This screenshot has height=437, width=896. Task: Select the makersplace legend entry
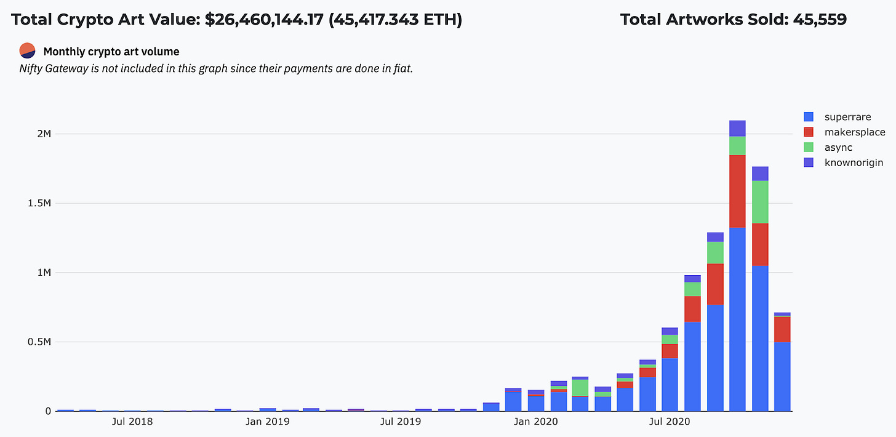tap(844, 132)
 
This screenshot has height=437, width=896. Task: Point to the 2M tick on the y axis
tap(44, 134)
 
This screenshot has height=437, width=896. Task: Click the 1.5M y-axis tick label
tap(39, 203)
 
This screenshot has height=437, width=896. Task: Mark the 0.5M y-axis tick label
tap(39, 342)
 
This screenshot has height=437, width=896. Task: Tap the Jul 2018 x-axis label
tap(132, 422)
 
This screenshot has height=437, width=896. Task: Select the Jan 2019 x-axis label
tap(267, 422)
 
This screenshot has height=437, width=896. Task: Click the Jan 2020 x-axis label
tap(535, 422)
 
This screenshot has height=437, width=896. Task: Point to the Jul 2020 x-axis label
tap(669, 422)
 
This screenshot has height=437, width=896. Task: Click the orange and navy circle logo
tap(27, 51)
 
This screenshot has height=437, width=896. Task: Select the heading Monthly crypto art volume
tap(111, 52)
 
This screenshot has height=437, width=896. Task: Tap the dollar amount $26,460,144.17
tap(264, 20)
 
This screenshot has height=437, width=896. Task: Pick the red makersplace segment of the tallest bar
tap(737, 191)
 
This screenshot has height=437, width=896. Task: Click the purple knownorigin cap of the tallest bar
tap(737, 129)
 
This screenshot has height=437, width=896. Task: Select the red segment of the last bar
tap(782, 329)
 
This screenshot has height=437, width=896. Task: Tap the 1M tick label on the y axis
tap(44, 273)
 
